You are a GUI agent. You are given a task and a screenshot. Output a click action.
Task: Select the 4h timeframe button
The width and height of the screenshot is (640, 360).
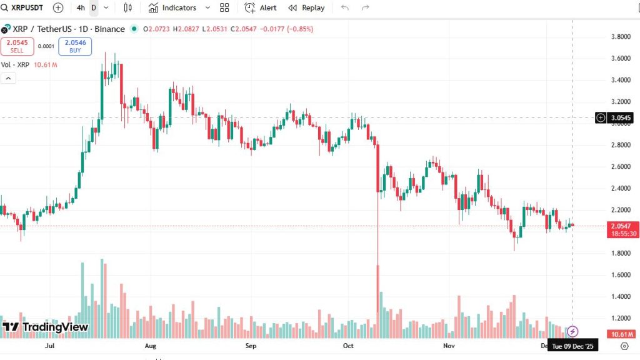(x=81, y=7)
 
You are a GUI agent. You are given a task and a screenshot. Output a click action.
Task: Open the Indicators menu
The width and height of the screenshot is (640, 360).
(x=172, y=7)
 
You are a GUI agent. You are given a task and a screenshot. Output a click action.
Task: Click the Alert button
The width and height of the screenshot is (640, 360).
(x=261, y=7)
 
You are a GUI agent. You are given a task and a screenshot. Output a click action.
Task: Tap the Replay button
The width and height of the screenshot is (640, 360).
(x=306, y=7)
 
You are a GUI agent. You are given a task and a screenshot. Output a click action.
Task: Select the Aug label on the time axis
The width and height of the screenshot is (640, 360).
(x=150, y=345)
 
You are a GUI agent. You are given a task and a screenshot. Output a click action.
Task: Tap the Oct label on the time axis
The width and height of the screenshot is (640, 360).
(x=348, y=345)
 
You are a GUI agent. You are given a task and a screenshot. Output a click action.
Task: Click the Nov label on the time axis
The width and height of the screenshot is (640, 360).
(x=448, y=345)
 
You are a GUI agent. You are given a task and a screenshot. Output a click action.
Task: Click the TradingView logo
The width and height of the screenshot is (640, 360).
(x=45, y=327)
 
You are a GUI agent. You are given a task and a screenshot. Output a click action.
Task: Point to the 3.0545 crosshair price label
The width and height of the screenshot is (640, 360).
(x=621, y=117)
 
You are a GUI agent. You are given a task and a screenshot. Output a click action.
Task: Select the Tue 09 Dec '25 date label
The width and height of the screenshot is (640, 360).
(x=572, y=346)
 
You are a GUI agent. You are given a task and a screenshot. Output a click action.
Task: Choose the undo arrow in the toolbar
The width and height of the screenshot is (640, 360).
(x=345, y=7)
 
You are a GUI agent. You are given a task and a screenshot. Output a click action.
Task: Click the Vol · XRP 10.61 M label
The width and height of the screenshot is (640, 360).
(x=29, y=64)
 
